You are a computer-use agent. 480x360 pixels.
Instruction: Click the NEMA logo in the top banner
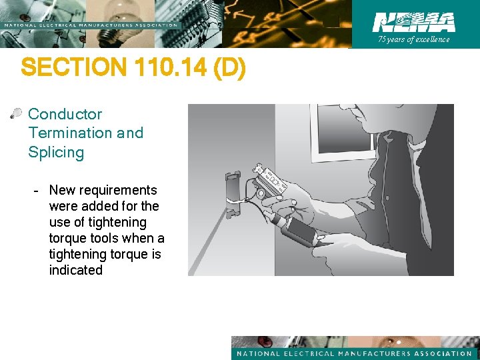(x=414, y=22)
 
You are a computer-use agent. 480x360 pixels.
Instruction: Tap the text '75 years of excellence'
(x=414, y=39)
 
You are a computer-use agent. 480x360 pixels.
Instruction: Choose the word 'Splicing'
(x=56, y=152)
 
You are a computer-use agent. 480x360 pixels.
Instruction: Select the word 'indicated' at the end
(x=75, y=270)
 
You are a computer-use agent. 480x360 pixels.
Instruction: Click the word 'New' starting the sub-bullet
(x=61, y=190)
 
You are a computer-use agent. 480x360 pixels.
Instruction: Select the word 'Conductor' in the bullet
(x=65, y=114)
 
